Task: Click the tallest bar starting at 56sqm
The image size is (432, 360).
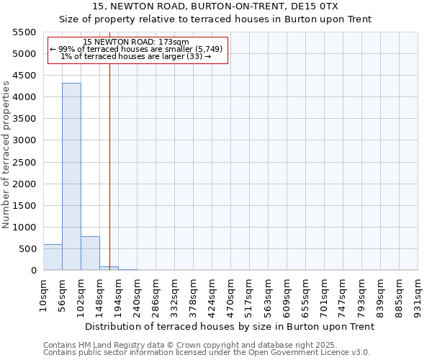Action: (x=71, y=176)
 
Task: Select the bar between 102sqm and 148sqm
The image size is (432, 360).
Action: (x=90, y=253)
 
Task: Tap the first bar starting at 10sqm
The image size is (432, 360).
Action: (x=53, y=257)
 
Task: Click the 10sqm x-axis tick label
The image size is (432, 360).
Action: (x=43, y=295)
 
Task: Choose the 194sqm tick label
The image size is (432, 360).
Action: (x=118, y=295)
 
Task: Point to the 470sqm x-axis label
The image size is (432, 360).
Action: (x=230, y=295)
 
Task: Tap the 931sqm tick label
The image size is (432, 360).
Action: (x=418, y=295)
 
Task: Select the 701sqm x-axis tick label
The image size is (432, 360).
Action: (x=324, y=295)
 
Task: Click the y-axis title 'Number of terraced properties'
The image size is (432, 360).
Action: (x=6, y=155)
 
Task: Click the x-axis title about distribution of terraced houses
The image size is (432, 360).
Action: (x=230, y=326)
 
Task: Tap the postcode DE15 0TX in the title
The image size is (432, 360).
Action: (x=318, y=6)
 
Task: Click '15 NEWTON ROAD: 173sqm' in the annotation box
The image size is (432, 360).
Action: (x=136, y=42)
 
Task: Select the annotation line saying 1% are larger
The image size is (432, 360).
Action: (x=136, y=56)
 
